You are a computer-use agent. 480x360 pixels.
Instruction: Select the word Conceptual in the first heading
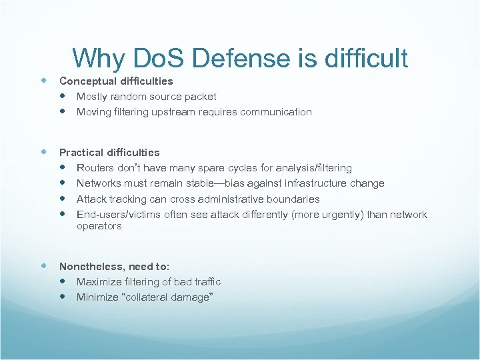(89, 81)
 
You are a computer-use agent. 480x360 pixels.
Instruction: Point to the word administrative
(231, 199)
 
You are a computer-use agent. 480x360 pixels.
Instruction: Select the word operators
(99, 226)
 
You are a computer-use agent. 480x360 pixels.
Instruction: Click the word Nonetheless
(90, 266)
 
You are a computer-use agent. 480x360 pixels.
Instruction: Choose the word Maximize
(97, 281)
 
